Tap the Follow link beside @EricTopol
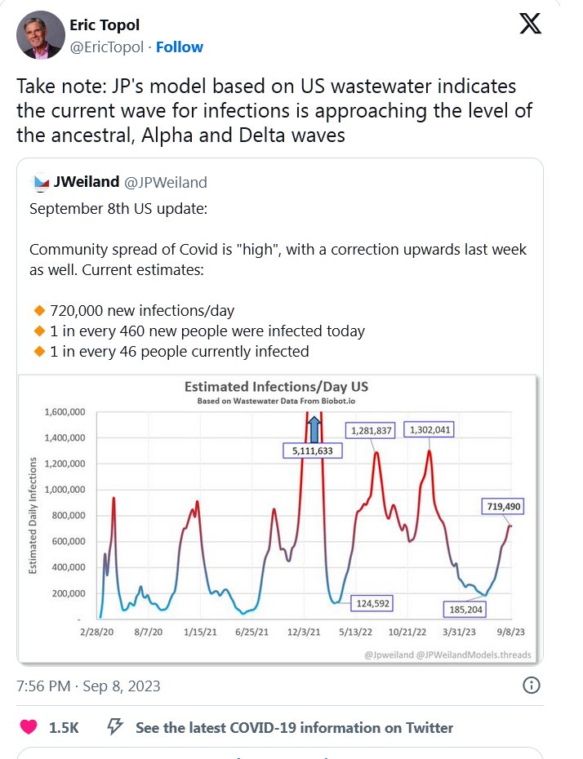[x=180, y=47]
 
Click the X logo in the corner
[x=530, y=24]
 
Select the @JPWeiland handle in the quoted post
[x=165, y=182]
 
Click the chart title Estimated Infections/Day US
[x=277, y=387]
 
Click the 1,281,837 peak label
[x=372, y=430]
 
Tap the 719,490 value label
[x=497, y=507]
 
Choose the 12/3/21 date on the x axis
[x=308, y=632]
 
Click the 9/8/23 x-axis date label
[x=512, y=632]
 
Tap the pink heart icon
[x=29, y=727]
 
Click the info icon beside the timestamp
[x=531, y=685]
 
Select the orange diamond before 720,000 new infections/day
[x=38, y=311]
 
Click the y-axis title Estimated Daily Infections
[x=33, y=515]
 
